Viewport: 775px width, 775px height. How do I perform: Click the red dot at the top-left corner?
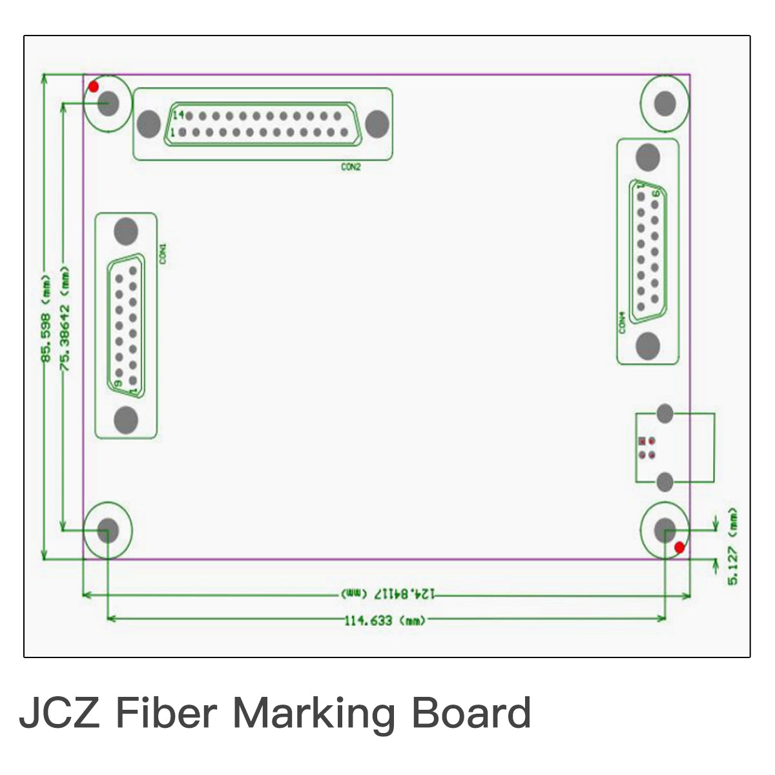pyautogui.click(x=94, y=87)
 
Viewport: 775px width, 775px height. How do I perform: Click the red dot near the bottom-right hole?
pyautogui.click(x=679, y=548)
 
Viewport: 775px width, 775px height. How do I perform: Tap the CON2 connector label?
pyautogui.click(x=351, y=167)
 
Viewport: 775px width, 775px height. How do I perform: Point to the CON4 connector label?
pyautogui.click(x=622, y=323)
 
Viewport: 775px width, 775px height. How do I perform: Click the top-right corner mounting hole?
pyautogui.click(x=664, y=103)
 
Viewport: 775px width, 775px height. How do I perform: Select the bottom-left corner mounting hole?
pyautogui.click(x=108, y=530)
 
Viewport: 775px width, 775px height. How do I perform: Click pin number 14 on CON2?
pyautogui.click(x=178, y=115)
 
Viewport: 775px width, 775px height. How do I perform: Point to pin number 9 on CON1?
pyautogui.click(x=118, y=383)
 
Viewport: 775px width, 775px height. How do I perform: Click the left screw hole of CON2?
pyautogui.click(x=149, y=123)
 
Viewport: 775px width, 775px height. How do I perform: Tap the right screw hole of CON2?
pyautogui.click(x=377, y=123)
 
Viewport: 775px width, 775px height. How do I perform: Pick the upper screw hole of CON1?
pyautogui.click(x=126, y=231)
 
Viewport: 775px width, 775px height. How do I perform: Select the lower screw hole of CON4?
pyautogui.click(x=648, y=346)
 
